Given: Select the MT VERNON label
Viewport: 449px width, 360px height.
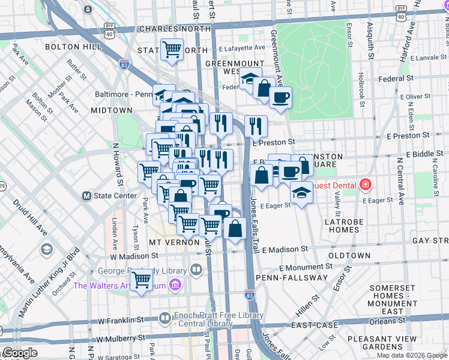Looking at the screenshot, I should (174, 242).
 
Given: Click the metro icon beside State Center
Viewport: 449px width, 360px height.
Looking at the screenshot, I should (86, 196).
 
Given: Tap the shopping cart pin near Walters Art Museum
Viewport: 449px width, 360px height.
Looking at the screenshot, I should (141, 279).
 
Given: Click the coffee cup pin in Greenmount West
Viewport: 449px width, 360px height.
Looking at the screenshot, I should (280, 97).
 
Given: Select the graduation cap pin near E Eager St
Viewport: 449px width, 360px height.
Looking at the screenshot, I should (301, 193).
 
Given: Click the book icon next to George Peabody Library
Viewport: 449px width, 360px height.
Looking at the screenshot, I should (196, 270).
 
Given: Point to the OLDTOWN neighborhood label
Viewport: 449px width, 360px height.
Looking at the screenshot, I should (349, 256).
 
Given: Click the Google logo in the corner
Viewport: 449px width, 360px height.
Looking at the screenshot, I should (19, 353).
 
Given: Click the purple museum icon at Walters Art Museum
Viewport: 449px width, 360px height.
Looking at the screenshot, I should (175, 284).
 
